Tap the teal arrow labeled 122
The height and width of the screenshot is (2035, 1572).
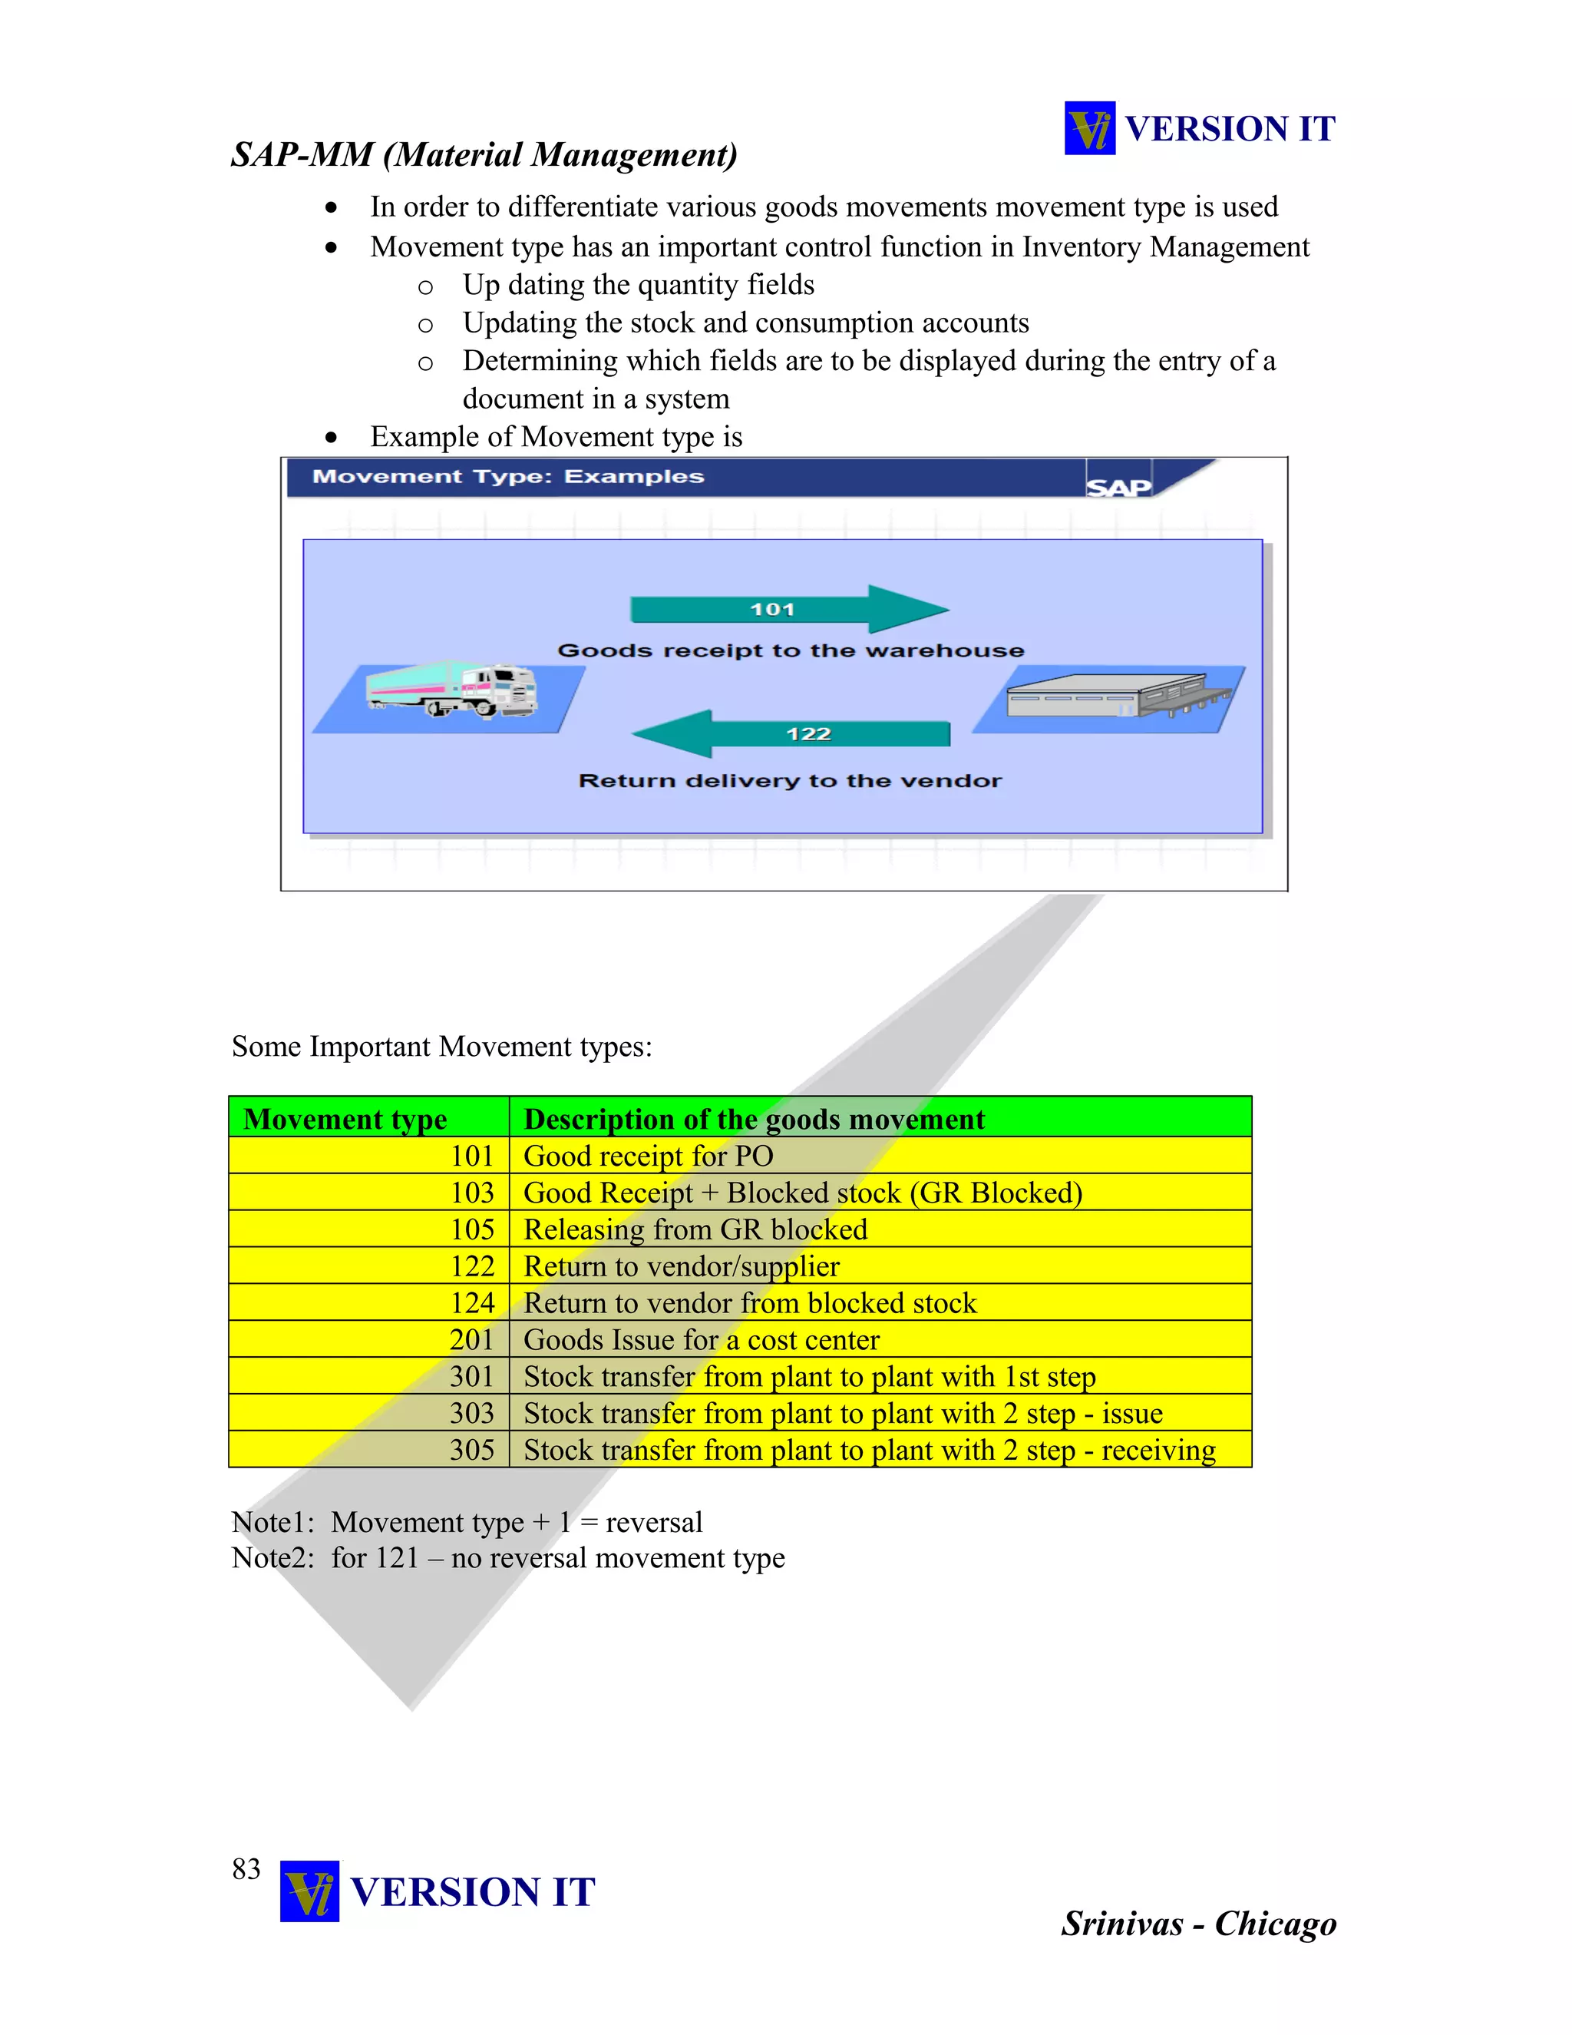pos(791,733)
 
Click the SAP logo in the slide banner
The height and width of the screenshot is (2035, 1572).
pos(1118,486)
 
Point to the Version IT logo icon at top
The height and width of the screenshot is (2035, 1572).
pos(1090,127)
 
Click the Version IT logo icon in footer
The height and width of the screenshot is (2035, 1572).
pos(309,1891)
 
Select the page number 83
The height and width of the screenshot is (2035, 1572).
pos(246,1868)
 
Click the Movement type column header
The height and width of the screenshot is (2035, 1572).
pos(345,1118)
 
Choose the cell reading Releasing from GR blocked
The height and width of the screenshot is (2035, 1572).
pos(695,1230)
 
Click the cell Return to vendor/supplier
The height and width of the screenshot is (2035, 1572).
pos(682,1266)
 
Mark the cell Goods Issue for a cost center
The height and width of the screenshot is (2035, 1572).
pos(702,1340)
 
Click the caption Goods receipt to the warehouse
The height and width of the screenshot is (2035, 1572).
pos(791,650)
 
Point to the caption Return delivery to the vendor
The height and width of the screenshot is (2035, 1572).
pos(790,781)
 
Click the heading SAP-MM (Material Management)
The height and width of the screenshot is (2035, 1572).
pos(484,154)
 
